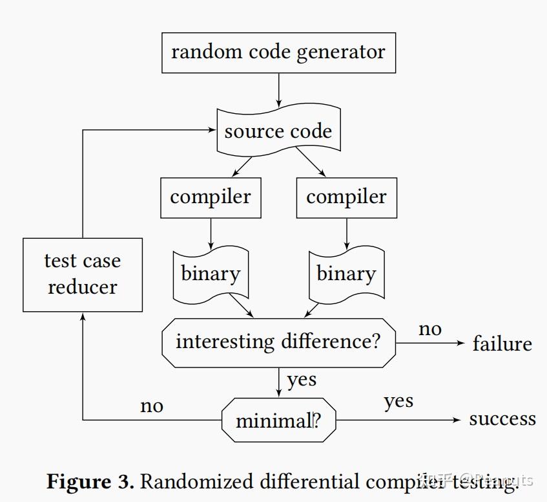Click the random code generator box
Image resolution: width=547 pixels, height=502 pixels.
click(278, 52)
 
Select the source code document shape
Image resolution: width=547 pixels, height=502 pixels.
click(278, 132)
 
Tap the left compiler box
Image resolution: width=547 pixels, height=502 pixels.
click(211, 197)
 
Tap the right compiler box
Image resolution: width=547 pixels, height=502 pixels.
click(346, 197)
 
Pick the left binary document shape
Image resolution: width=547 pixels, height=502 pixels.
click(211, 274)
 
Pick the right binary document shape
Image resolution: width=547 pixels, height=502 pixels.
click(346, 274)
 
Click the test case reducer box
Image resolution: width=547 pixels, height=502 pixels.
click(83, 274)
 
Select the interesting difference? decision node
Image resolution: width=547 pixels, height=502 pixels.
click(278, 342)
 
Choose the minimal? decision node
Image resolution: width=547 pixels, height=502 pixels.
click(278, 420)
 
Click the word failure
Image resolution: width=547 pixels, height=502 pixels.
click(502, 344)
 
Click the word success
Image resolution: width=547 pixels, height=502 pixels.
click(502, 419)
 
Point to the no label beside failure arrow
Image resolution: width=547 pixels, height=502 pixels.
click(430, 329)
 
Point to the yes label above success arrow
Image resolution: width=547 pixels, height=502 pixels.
click(398, 402)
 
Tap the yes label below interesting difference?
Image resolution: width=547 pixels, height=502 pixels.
click(302, 380)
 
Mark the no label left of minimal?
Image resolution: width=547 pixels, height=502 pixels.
click(152, 406)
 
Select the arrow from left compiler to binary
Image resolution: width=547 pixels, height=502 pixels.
click(211, 233)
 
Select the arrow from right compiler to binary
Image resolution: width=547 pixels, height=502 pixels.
click(346, 233)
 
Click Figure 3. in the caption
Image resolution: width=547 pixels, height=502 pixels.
click(90, 482)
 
